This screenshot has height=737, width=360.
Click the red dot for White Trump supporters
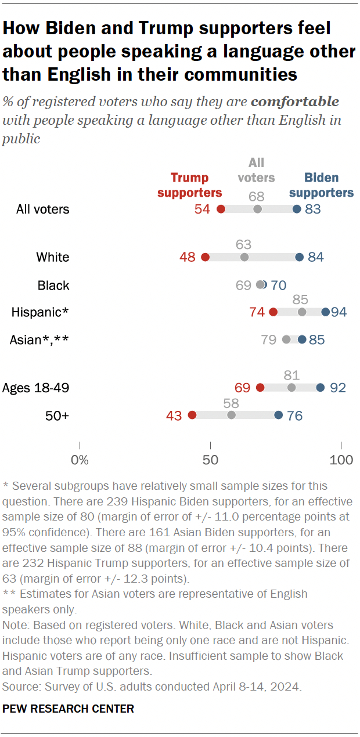(205, 257)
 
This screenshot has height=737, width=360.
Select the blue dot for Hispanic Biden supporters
(325, 312)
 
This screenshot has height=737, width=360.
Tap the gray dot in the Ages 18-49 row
(291, 388)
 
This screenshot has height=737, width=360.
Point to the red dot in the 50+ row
(192, 415)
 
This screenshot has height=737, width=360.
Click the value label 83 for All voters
(313, 209)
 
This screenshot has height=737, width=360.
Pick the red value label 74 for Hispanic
(257, 312)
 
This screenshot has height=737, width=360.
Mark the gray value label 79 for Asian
(268, 339)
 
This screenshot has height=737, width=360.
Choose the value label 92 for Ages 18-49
(336, 388)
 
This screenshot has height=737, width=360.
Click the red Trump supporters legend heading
(189, 185)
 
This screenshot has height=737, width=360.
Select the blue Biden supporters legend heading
(322, 185)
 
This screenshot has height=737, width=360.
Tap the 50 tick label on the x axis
(210, 461)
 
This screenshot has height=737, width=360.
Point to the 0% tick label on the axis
(80, 461)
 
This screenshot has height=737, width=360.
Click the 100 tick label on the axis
(341, 461)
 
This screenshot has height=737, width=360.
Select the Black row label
(53, 285)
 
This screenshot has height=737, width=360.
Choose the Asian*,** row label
(39, 339)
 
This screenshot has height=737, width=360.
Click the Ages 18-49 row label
(36, 388)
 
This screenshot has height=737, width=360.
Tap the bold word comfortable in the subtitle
(295, 102)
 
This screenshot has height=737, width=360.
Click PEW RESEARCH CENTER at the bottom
(69, 709)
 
